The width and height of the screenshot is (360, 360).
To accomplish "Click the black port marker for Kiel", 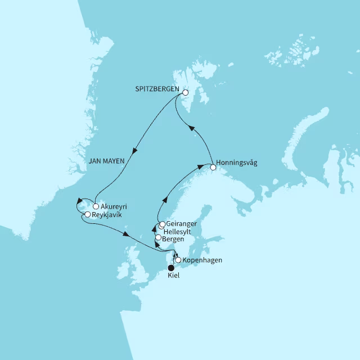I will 172,268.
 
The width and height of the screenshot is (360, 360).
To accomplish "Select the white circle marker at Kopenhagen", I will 178,260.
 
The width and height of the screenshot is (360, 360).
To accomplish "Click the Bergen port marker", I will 158,238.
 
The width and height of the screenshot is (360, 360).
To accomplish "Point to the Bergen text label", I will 173,238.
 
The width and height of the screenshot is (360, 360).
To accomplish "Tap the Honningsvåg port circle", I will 213,167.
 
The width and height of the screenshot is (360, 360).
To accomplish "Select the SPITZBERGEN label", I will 157,89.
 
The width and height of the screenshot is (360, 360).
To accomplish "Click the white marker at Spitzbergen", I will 186,93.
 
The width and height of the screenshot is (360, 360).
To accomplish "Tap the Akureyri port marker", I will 96,206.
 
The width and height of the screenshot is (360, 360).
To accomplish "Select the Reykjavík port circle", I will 87,215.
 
